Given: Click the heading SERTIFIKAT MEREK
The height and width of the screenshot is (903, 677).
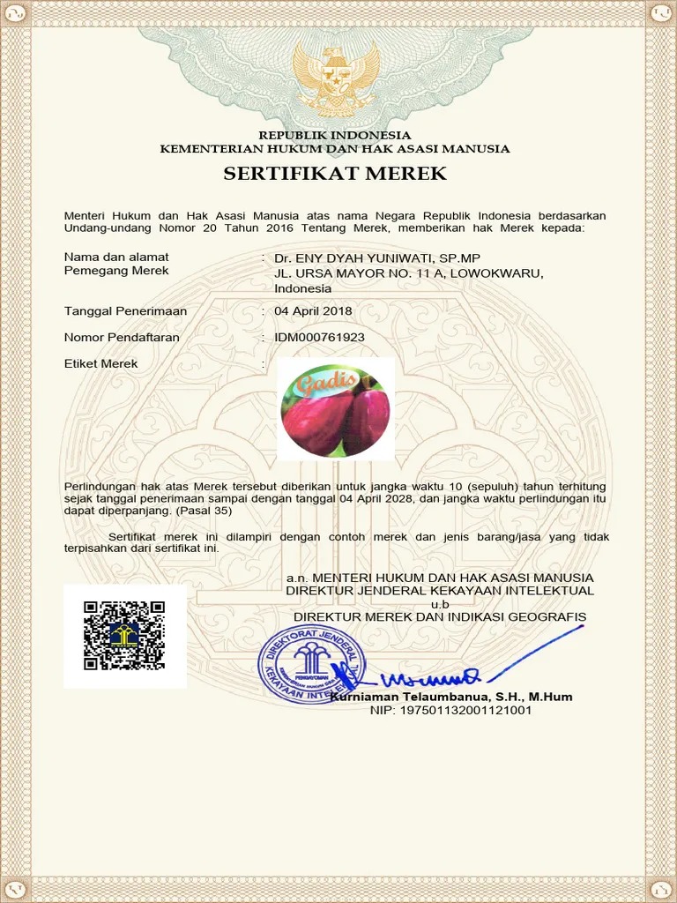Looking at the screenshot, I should [335, 174].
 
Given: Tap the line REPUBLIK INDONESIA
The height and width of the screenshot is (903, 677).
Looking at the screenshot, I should [334, 135].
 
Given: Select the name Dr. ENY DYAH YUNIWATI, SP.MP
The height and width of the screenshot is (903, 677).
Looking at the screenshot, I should [377, 257].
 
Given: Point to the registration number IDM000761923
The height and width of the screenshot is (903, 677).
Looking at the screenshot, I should [319, 337].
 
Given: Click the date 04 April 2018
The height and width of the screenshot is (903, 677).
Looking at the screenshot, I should [313, 310].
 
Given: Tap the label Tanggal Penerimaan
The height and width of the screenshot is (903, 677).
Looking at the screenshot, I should [125, 310].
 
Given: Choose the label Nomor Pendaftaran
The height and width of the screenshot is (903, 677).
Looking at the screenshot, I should [122, 337].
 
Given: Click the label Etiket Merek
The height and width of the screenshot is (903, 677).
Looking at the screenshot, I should [101, 363].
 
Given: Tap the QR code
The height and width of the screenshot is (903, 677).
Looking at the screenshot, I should [124, 635].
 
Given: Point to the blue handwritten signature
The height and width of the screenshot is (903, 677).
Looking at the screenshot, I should [432, 678].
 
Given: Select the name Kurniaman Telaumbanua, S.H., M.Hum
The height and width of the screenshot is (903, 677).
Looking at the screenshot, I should [451, 697].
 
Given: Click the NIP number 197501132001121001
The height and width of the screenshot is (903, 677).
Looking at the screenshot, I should [450, 710].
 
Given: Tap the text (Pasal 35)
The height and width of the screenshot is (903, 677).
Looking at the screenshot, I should [204, 511].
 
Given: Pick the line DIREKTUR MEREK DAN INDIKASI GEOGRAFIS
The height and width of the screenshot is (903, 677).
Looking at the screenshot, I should [440, 616].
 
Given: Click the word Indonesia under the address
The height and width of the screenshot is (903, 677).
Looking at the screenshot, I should [303, 288].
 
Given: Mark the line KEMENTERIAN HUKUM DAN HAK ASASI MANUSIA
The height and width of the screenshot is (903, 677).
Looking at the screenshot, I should [334, 148].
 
